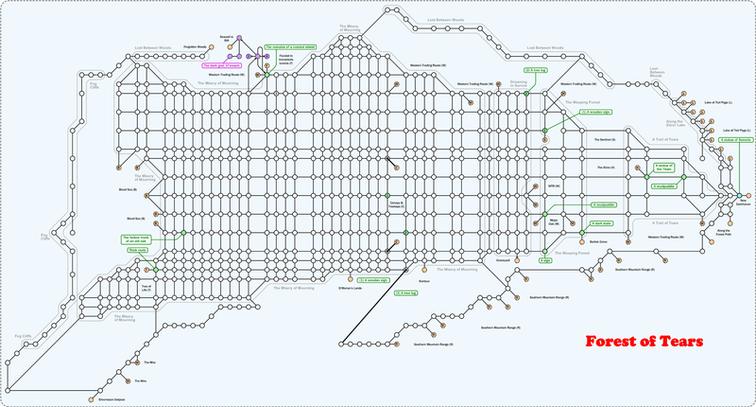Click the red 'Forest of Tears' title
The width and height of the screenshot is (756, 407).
(x=642, y=341)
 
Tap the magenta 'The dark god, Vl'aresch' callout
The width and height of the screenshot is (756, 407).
(x=222, y=65)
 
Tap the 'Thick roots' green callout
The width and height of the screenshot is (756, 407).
(x=139, y=250)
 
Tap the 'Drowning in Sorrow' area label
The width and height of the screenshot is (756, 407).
(x=518, y=84)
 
